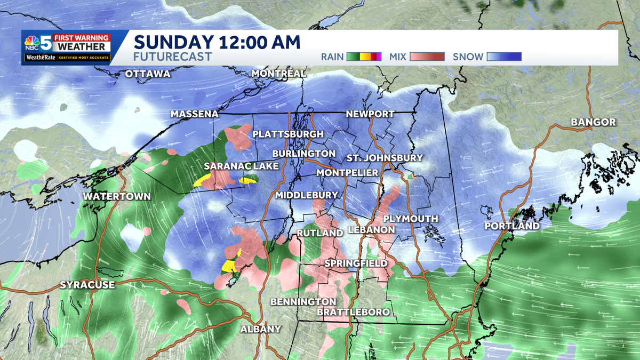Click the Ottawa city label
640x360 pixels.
pos(148,74)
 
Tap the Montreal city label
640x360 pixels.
pos(278,73)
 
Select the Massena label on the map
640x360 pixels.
pos(195,114)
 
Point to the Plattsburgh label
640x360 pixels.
pos(288,134)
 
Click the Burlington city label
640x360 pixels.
pos(303,154)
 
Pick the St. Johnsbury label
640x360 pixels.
pos(385,158)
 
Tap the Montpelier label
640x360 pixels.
pos(347,173)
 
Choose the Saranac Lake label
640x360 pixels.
pos(241,166)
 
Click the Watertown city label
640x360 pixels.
pos(117,197)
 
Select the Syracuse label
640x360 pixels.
pos(87,285)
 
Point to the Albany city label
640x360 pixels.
pos(260,329)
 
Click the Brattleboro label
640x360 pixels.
pos(353,312)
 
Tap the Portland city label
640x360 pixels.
pos(512,226)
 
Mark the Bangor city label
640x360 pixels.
pos(593,122)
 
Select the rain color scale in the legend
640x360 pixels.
pos(364,57)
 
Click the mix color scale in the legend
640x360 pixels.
pos(429,57)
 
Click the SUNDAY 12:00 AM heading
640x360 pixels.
pos(217,42)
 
